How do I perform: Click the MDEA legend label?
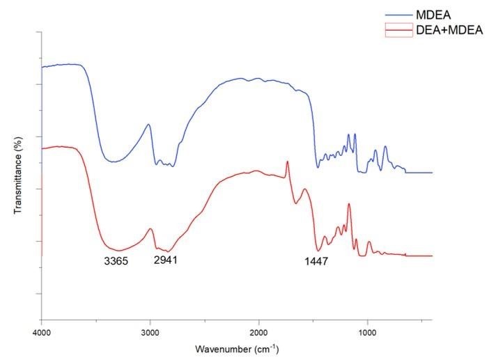(433, 15)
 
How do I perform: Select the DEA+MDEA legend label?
(449, 30)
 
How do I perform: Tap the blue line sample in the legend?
(399, 15)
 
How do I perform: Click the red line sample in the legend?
(399, 30)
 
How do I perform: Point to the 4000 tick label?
(42, 333)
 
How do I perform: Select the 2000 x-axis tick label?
(258, 333)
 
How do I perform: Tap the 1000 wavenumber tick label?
(367, 333)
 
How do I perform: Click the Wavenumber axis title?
(237, 349)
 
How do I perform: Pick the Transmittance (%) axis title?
(18, 175)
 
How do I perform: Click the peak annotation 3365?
(116, 261)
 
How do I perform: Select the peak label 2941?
(165, 260)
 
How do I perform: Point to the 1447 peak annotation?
(316, 261)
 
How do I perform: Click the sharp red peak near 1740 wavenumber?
(287, 162)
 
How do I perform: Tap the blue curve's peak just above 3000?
(148, 125)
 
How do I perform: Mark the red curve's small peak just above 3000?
(150, 229)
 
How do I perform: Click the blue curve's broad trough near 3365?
(114, 162)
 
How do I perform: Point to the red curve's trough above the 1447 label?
(318, 251)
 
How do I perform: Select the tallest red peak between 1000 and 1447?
(349, 204)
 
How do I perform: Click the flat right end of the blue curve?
(419, 173)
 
